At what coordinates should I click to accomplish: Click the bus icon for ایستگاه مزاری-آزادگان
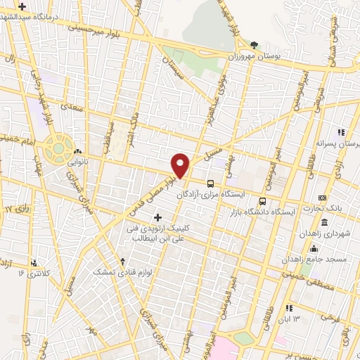pyautogui.click(x=210, y=183)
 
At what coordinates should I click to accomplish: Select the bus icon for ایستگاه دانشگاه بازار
pyautogui.click(x=263, y=201)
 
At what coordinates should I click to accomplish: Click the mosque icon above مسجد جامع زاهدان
pyautogui.click(x=314, y=249)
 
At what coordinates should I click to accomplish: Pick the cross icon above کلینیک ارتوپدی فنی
pyautogui.click(x=158, y=217)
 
